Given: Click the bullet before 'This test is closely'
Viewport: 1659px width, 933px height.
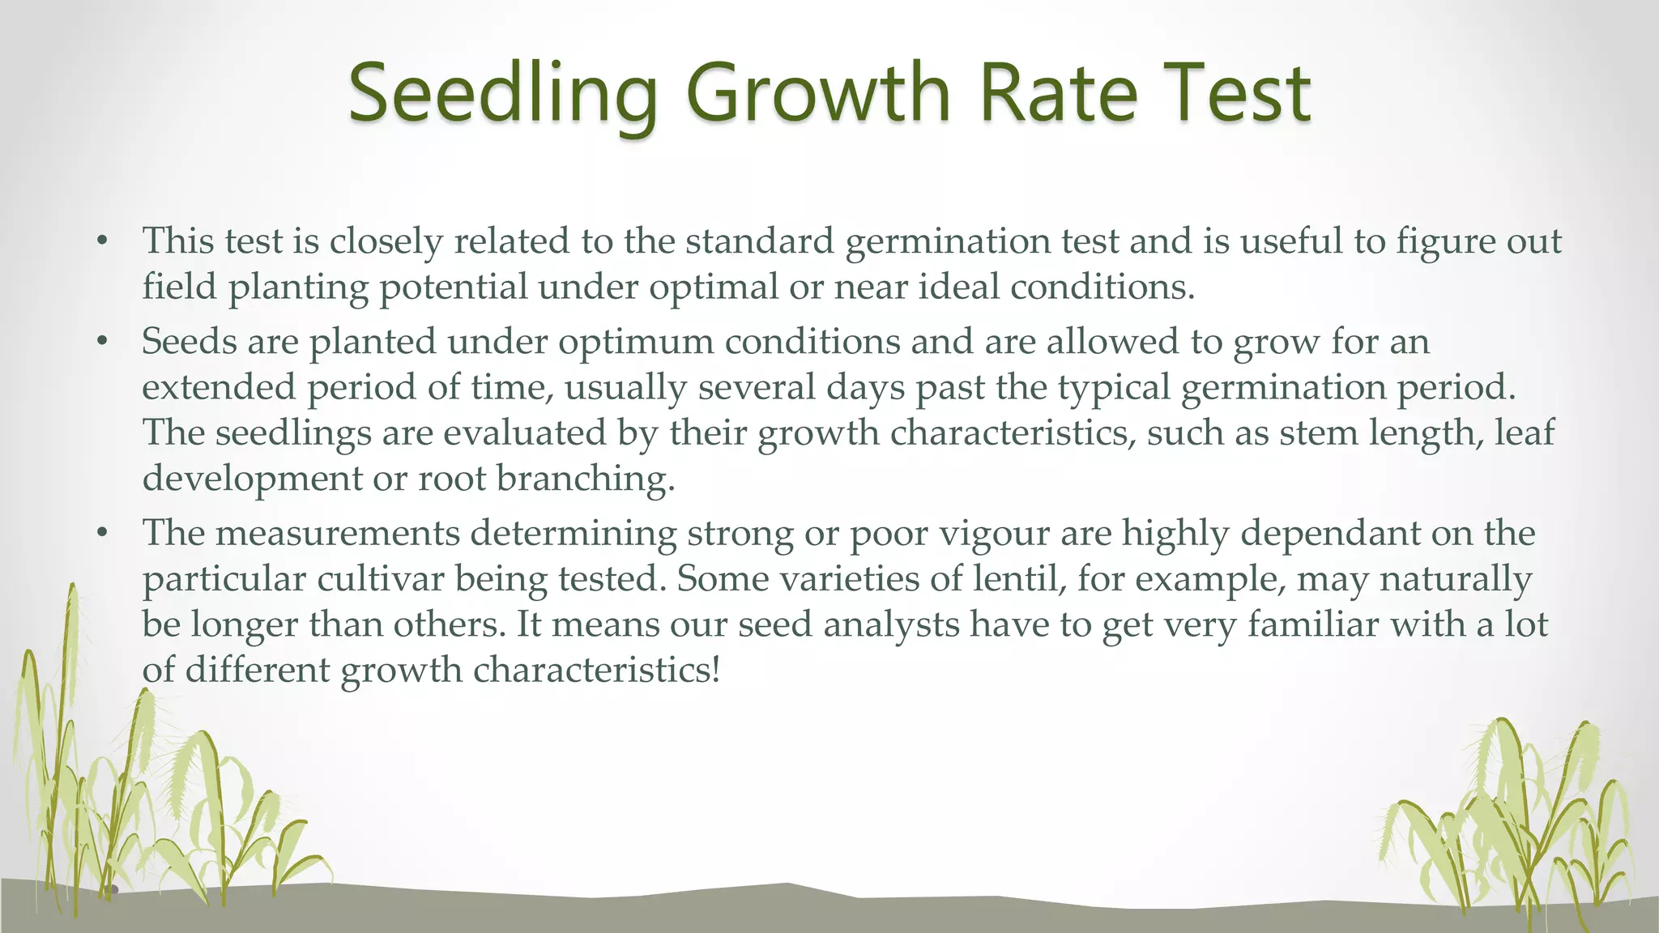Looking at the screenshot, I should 101,241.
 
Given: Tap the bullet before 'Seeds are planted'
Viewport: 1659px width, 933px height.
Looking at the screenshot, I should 101,342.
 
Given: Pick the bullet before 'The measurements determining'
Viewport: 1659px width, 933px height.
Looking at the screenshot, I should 101,534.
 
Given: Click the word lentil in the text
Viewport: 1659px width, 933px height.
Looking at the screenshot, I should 1019,578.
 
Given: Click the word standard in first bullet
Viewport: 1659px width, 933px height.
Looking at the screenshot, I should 759,241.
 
